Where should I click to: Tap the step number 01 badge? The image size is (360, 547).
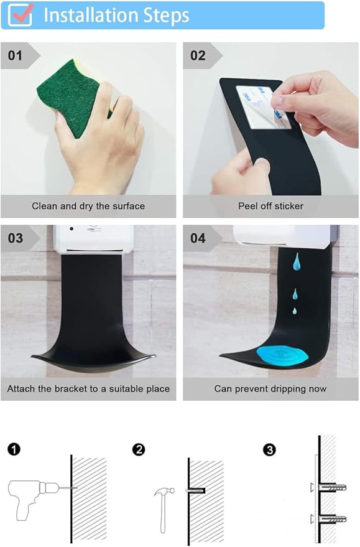tap(17, 55)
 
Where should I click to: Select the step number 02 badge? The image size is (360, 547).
tap(198, 55)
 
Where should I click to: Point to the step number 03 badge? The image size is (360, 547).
tap(16, 238)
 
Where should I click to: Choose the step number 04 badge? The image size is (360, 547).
tap(198, 238)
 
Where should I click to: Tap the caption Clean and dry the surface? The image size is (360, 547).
tap(88, 205)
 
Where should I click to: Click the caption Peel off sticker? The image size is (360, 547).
tap(270, 205)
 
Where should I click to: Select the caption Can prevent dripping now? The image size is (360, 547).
tap(270, 388)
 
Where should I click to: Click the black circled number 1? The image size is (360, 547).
tap(14, 449)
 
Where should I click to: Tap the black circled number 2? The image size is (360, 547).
tap(139, 449)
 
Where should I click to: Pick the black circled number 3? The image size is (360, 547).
tap(269, 449)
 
